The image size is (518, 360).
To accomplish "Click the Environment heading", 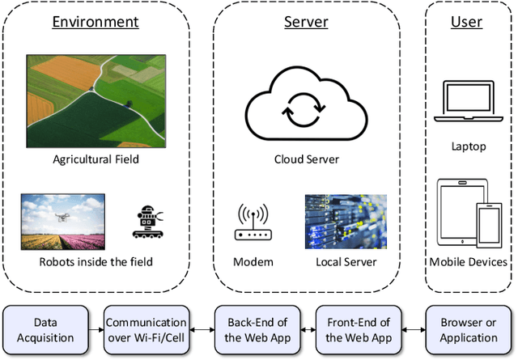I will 96,22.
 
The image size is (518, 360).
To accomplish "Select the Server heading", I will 306,22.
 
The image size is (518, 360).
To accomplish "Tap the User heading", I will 466,22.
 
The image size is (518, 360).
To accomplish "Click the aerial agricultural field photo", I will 96,101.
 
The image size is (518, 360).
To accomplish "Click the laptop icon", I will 469,102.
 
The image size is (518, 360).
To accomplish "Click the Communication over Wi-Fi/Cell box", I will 146,329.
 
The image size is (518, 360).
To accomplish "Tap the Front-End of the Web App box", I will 358,329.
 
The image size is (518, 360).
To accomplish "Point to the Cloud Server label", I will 306,159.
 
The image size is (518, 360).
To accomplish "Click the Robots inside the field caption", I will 96,262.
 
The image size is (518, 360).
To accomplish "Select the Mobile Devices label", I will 469,262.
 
